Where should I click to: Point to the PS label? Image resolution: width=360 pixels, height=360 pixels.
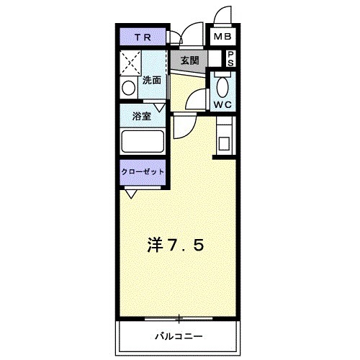tap(230, 58)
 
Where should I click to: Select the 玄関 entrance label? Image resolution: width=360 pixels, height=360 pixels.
tap(189, 60)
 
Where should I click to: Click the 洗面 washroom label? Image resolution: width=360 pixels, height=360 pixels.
tap(152, 80)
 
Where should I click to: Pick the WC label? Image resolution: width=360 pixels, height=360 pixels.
tap(222, 104)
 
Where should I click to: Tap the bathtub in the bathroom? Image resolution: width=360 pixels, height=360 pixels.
tap(143, 140)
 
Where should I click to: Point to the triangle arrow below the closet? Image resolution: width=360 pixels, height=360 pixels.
tap(131, 193)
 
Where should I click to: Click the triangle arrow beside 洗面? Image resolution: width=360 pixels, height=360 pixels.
tap(160, 107)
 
